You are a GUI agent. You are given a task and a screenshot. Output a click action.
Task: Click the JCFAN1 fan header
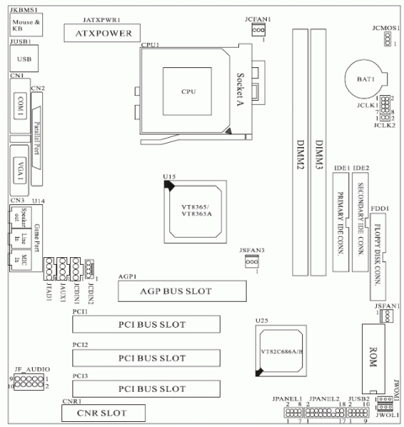(258, 30)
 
